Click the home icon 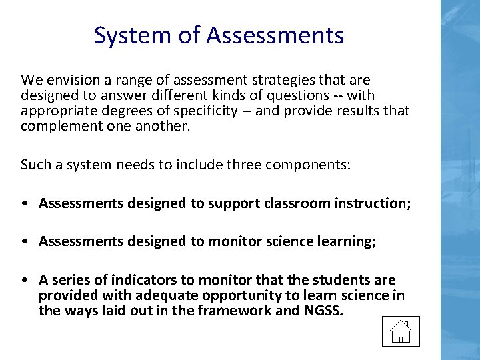click(400, 331)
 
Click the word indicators click(151, 280)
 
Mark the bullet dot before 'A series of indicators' click(24, 280)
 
